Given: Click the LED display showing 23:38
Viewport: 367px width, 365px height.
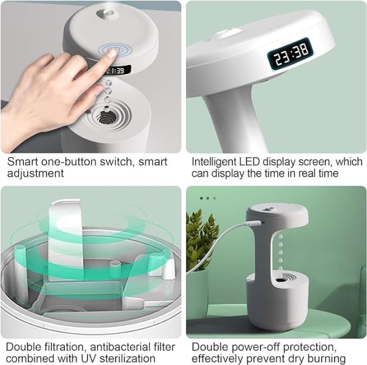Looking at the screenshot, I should tap(291, 54).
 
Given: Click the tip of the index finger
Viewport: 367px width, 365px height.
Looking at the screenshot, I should tap(111, 54).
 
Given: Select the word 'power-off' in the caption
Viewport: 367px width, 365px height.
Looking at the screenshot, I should tap(249, 347).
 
